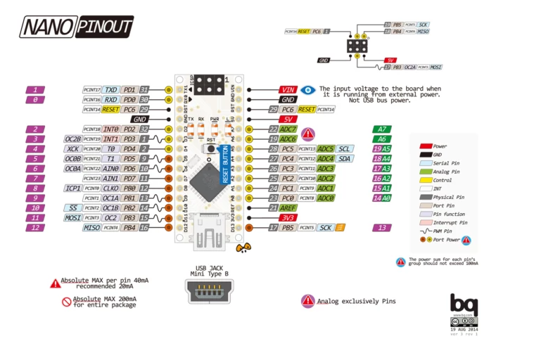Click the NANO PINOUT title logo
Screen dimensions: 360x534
point(76,26)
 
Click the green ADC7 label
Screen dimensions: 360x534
point(288,129)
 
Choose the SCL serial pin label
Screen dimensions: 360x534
point(345,149)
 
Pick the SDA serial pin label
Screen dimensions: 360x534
point(345,159)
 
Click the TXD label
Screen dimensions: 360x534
point(111,90)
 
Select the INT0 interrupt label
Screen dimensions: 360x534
point(111,129)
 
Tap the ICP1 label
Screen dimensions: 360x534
point(73,188)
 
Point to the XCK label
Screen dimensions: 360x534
point(73,149)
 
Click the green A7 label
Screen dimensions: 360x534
point(382,129)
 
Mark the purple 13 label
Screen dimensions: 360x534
point(382,228)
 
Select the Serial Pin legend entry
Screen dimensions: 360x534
point(445,162)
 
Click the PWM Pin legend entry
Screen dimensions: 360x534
point(445,231)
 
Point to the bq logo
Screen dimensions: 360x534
point(464,304)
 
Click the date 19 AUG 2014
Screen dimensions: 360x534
point(464,328)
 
